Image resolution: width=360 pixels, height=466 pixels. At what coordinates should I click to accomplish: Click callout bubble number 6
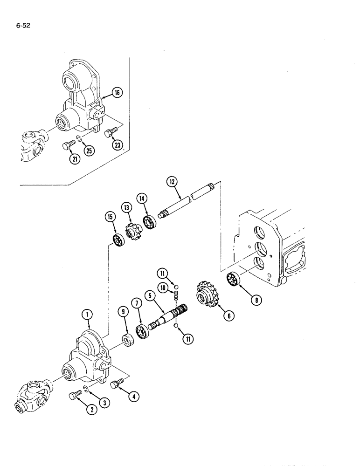point(228,315)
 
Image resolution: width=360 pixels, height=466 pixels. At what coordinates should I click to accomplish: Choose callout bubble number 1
point(87,315)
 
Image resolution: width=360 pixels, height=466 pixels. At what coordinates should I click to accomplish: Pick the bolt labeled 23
point(111,133)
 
